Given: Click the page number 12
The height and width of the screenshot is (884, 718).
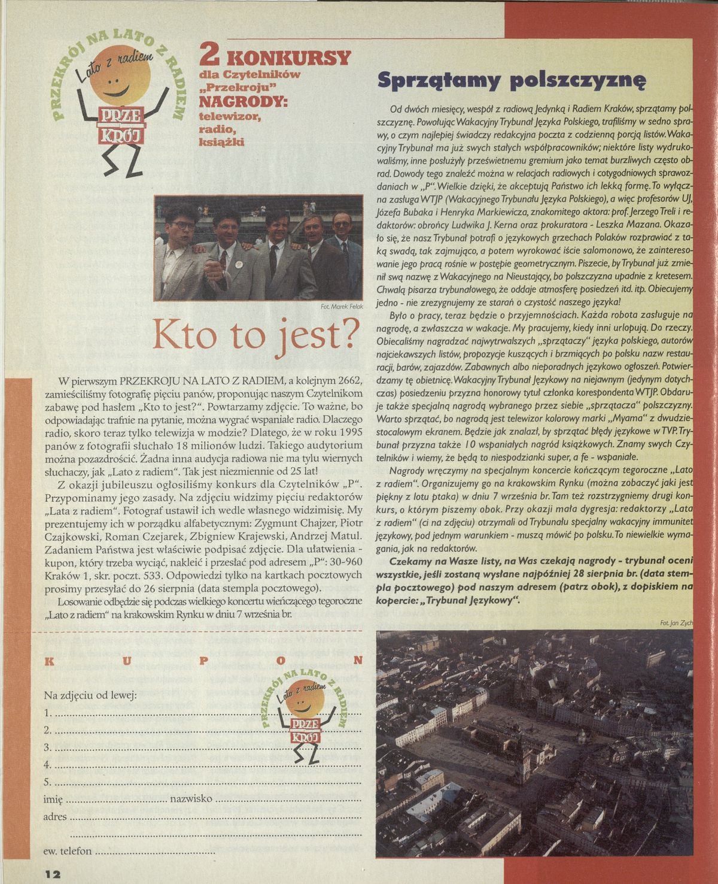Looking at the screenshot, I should coord(52,873).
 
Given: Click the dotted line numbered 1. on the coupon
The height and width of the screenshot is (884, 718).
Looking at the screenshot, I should coord(203,714).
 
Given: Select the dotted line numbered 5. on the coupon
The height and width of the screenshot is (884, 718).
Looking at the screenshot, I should coord(203,782).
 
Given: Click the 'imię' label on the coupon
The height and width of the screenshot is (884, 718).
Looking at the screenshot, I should coord(53,800).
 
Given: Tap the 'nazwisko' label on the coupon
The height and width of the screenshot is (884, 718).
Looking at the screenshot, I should coord(191,799).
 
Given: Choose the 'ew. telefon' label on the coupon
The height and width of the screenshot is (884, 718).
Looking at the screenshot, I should coord(68,851).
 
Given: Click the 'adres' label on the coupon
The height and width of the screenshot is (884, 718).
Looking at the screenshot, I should coord(55,816).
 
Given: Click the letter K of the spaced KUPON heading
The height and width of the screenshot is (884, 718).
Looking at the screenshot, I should coord(48,661).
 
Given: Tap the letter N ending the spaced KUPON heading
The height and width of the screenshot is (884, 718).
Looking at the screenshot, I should coord(358,661).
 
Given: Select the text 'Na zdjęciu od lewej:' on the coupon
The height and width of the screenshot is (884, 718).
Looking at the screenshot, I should coord(90,695).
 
